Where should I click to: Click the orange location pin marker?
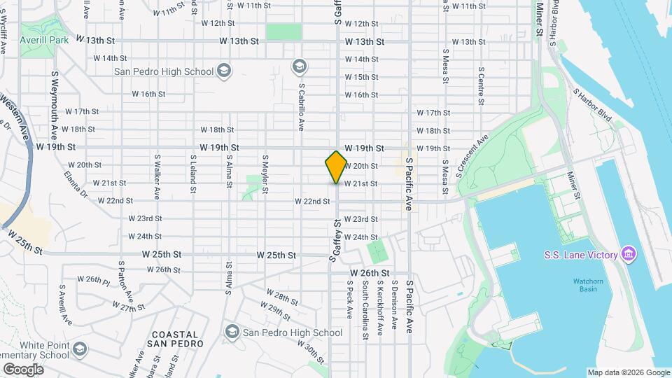[x=336, y=167]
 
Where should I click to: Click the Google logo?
[x=23, y=370]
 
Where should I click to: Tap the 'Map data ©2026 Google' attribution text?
[x=628, y=372]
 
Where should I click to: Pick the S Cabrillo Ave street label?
[x=301, y=108]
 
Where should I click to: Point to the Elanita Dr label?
[x=75, y=183]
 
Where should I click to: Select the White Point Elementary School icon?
[x=80, y=348]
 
